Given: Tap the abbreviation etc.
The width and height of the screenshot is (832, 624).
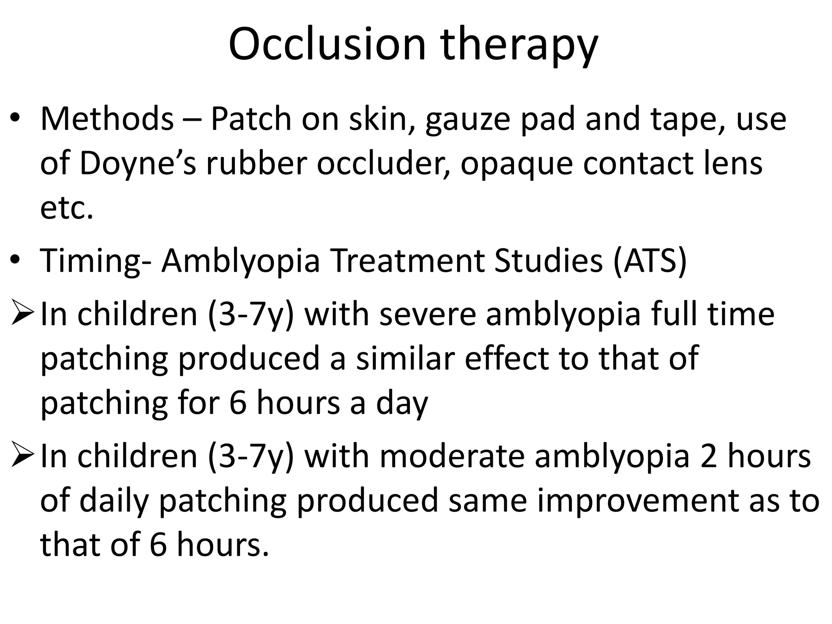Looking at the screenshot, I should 67,208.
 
